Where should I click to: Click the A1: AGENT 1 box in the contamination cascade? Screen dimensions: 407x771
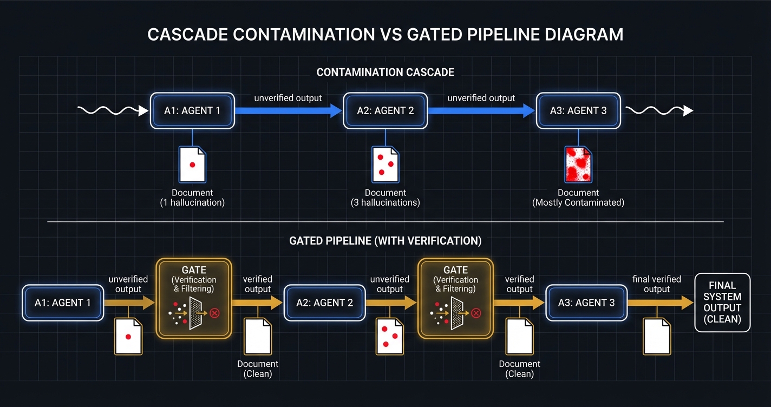192,111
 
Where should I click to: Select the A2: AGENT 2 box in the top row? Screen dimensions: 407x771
385,111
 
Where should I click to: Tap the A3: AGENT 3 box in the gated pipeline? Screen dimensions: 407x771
586,303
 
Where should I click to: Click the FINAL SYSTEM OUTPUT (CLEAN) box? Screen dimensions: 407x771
722,302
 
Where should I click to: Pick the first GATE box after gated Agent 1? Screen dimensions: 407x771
194,298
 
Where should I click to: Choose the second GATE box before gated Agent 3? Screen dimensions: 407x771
455,298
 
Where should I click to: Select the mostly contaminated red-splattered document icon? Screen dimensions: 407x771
578,165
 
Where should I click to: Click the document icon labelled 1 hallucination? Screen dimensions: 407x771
192,165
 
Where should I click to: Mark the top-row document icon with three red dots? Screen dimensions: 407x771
385,165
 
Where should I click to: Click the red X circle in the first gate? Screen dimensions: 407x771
215,313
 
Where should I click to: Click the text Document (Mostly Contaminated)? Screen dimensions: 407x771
578,198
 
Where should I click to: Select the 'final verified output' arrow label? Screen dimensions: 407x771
657,284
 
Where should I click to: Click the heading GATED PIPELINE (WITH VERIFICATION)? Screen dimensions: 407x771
385,241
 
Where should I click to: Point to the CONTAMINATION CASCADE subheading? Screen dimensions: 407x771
385,72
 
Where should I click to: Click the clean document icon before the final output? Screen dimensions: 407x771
657,336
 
